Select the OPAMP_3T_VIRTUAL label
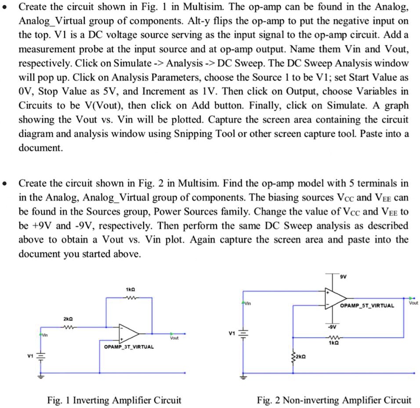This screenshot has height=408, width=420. click(129, 347)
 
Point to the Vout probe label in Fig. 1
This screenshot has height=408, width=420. click(174, 338)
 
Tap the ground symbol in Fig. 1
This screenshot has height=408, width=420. click(43, 376)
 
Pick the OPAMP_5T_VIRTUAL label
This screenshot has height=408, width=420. click(368, 305)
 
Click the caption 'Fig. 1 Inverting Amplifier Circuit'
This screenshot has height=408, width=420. click(114, 400)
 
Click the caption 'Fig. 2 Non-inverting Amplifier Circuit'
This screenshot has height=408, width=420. click(334, 400)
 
